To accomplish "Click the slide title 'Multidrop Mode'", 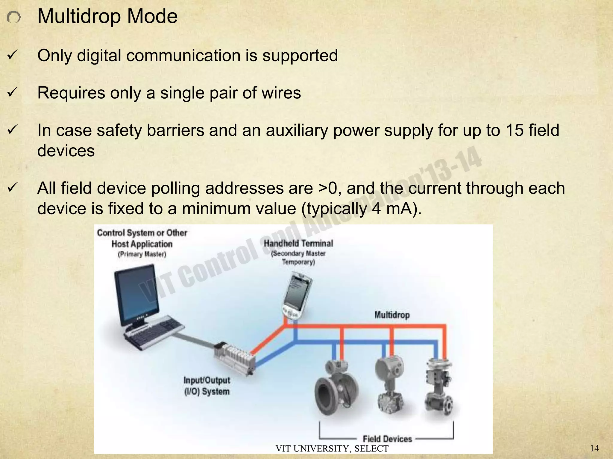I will [107, 16].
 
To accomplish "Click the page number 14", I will [594, 448].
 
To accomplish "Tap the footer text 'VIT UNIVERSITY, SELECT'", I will [332, 449].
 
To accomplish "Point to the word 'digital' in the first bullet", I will [98, 56].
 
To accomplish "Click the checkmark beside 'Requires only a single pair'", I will [13, 93].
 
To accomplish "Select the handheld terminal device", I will [296, 296].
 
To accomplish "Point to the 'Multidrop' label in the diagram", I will [392, 315].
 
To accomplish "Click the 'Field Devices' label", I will [387, 439].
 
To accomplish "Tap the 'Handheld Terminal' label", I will [298, 244].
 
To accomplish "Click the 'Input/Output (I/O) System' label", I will [207, 386].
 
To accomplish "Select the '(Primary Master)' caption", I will [142, 254].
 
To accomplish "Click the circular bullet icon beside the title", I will [13, 18].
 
